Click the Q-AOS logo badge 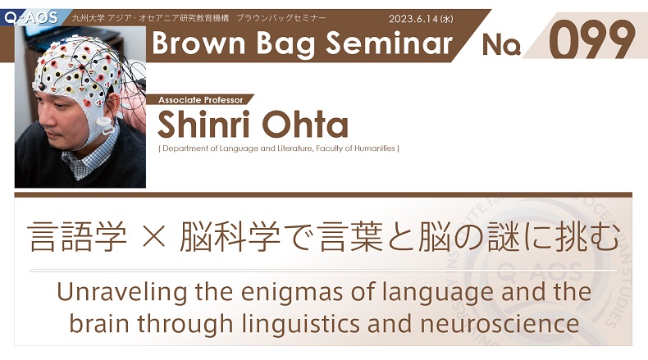[31, 17]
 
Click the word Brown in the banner [199, 43]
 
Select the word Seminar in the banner [389, 43]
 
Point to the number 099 [591, 40]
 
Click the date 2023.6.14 [413, 19]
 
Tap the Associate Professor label [201, 100]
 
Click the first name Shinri [204, 125]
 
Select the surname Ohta [305, 125]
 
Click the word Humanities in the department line [374, 148]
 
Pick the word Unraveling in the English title [122, 292]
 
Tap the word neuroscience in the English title [500, 324]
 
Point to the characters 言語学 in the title [77, 237]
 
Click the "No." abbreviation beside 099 [501, 44]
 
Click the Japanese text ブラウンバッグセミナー [281, 18]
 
